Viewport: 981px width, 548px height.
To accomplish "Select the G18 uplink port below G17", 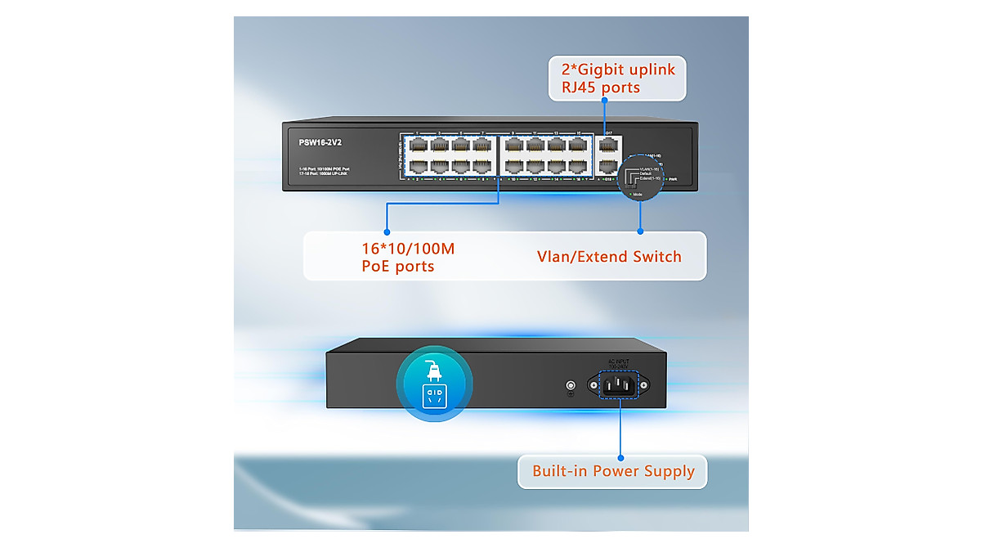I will (609, 166).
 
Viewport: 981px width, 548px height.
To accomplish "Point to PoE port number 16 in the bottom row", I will (578, 166).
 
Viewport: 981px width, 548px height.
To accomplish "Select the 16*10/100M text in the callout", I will (408, 248).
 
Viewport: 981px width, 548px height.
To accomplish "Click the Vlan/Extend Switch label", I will (609, 256).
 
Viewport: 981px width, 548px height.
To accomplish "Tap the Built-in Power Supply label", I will (613, 471).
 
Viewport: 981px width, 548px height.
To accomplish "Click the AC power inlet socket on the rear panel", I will (620, 384).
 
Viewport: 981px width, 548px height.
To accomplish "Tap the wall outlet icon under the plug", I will (433, 397).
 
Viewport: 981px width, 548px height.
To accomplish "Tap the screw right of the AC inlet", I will (646, 385).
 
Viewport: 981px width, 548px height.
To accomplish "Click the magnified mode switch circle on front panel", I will (640, 176).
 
